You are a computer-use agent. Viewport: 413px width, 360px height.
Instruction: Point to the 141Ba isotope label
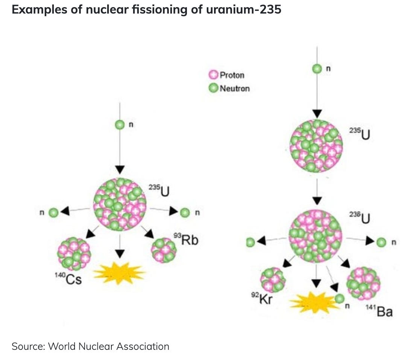(379, 311)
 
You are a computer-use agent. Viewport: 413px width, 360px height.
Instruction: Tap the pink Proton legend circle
(213, 75)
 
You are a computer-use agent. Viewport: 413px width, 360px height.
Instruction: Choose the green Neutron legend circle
(213, 88)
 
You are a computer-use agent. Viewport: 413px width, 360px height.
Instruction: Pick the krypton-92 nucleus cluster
(273, 280)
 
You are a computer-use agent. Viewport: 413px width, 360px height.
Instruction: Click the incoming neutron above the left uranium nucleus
(120, 125)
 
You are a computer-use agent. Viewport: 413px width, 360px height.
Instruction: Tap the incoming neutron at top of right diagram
(317, 69)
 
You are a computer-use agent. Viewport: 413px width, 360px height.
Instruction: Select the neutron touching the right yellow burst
(339, 299)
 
